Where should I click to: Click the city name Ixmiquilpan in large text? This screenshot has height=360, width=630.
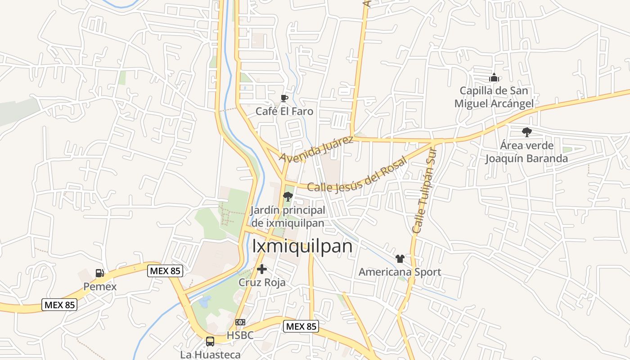302,246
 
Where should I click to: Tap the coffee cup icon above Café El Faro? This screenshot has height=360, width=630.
284,98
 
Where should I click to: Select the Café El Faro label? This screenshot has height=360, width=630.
284,111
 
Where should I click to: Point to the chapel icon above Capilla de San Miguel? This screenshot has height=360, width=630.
494,77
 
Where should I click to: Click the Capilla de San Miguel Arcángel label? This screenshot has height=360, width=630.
494,97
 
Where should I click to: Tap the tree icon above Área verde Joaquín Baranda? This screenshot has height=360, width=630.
526,132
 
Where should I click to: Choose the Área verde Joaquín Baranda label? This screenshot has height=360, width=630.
526,152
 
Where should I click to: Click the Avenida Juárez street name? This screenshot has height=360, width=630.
316,149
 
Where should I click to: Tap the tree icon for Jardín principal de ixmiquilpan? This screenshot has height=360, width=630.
288,196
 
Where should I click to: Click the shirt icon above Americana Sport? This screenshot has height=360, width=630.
400,259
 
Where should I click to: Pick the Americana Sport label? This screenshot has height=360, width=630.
400,272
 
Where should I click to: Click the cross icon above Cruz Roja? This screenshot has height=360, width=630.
262,269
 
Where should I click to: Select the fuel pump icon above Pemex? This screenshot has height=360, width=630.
99,273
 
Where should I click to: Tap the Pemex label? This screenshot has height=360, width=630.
100,287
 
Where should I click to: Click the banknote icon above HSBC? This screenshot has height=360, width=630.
240,322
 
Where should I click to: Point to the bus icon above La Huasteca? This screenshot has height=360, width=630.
210,341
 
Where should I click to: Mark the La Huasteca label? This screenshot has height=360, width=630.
210,355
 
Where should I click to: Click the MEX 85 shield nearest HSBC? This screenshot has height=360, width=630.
301,326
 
